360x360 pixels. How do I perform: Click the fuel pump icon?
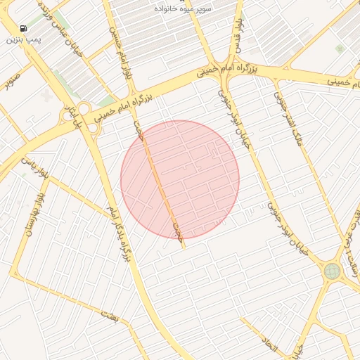coord(24,29)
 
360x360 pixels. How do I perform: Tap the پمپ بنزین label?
coord(24,40)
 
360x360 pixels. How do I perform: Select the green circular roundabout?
coord(332,271)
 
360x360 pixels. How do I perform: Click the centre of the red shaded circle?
coord(180,179)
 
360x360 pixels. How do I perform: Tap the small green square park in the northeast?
coord(340,49)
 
